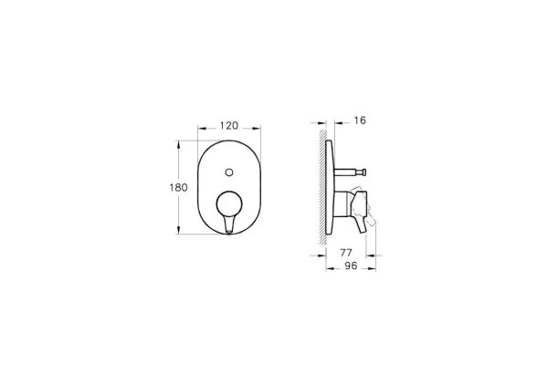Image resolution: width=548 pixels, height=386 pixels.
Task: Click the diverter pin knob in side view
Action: [x=361, y=172]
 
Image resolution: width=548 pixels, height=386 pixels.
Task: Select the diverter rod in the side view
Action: [x=346, y=172]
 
